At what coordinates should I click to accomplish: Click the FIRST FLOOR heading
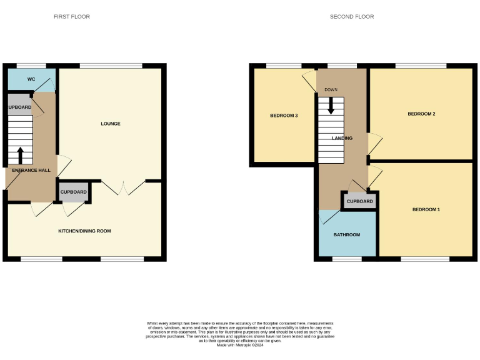click(71, 17)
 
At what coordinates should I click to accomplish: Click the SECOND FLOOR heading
click(352, 17)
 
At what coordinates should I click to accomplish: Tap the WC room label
click(31, 80)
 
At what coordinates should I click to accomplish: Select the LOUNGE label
click(111, 124)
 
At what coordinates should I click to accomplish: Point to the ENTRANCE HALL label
click(31, 170)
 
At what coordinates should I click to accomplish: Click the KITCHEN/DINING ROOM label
click(84, 231)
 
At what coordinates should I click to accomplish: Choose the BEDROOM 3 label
click(284, 116)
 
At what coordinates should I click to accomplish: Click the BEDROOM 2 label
click(421, 114)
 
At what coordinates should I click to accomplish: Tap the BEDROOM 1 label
click(426, 209)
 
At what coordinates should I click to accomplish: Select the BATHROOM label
click(346, 235)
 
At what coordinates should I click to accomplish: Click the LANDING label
click(342, 139)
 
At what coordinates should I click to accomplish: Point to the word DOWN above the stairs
click(331, 90)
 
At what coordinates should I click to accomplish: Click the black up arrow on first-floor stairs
click(20, 154)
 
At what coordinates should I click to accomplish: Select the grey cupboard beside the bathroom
click(359, 201)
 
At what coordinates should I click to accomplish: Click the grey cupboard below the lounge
click(74, 192)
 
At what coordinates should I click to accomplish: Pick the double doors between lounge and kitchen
click(124, 187)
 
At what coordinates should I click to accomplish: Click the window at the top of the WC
click(31, 66)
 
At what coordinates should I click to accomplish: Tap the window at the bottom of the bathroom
click(346, 258)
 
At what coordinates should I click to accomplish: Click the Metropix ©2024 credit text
click(240, 345)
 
